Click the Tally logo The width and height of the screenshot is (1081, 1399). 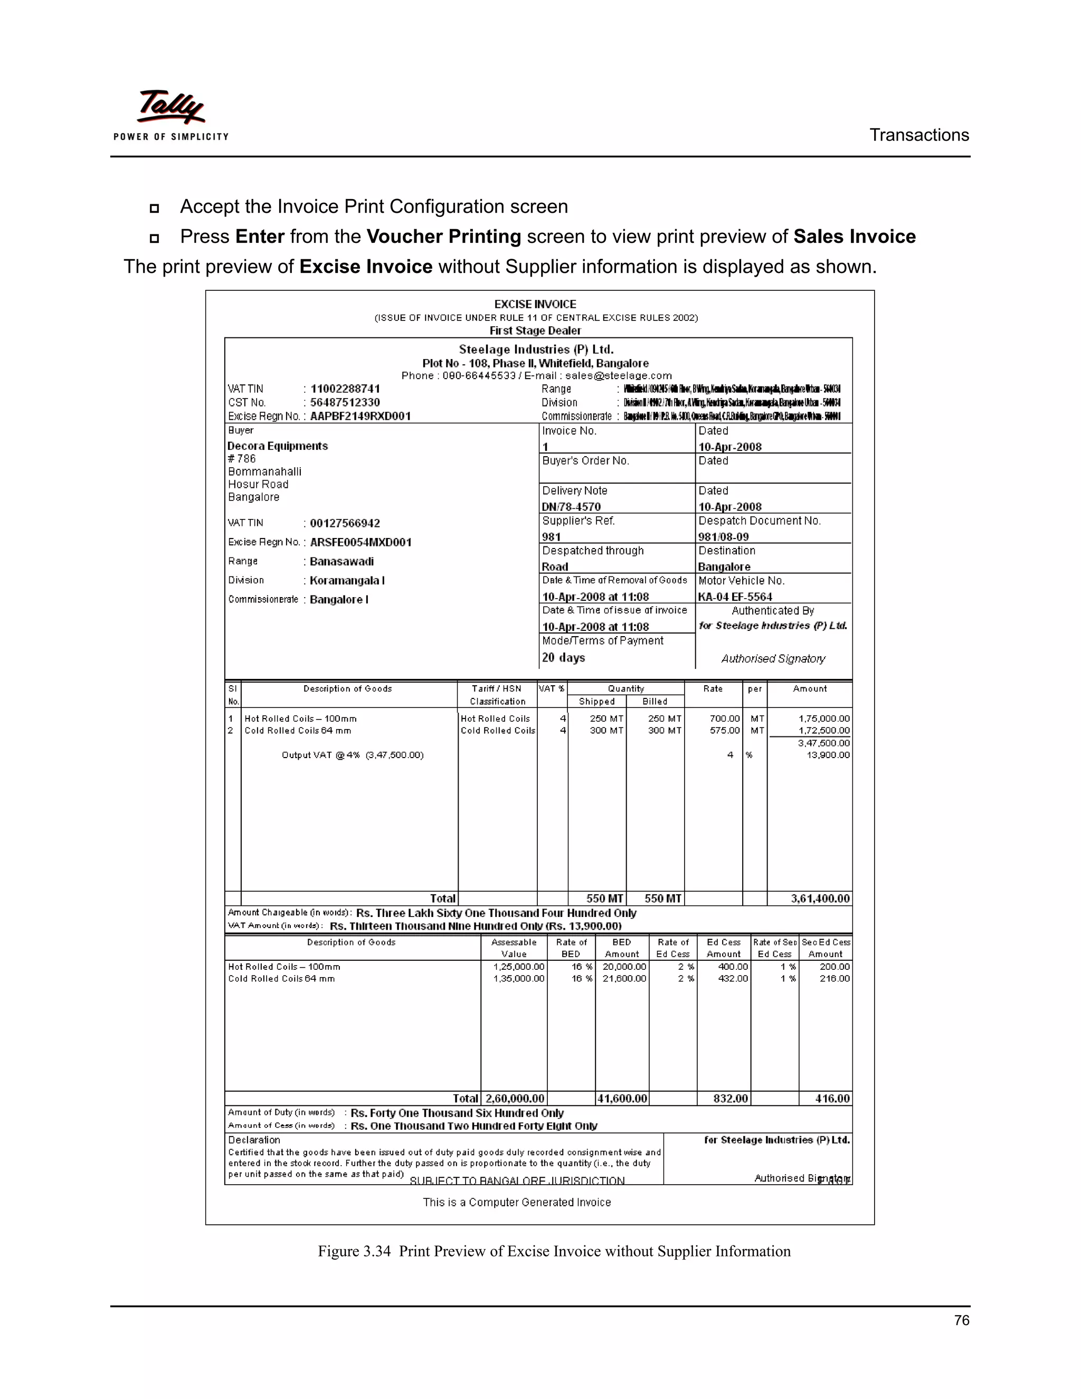[x=171, y=114]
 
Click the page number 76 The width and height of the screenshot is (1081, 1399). [x=961, y=1320]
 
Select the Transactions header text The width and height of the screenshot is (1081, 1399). [x=918, y=135]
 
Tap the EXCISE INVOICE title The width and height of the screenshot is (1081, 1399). [x=535, y=304]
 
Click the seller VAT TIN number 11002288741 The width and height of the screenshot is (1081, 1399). [x=345, y=389]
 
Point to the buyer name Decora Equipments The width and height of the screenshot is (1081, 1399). [x=277, y=446]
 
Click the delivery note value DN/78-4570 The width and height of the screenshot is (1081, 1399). [x=571, y=507]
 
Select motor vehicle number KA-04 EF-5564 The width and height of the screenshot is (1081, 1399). [x=735, y=597]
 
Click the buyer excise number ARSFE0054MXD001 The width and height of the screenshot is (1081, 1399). [x=361, y=543]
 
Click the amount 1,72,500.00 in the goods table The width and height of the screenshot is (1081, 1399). [x=823, y=731]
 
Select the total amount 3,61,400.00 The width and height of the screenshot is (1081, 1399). [x=820, y=899]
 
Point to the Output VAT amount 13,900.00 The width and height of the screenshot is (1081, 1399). [x=828, y=755]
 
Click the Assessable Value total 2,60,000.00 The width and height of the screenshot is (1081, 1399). [x=514, y=1099]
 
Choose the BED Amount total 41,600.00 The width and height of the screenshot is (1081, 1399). [x=622, y=1099]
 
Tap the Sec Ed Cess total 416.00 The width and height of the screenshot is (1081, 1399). [x=832, y=1099]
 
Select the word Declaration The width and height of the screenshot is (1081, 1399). [x=254, y=1140]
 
